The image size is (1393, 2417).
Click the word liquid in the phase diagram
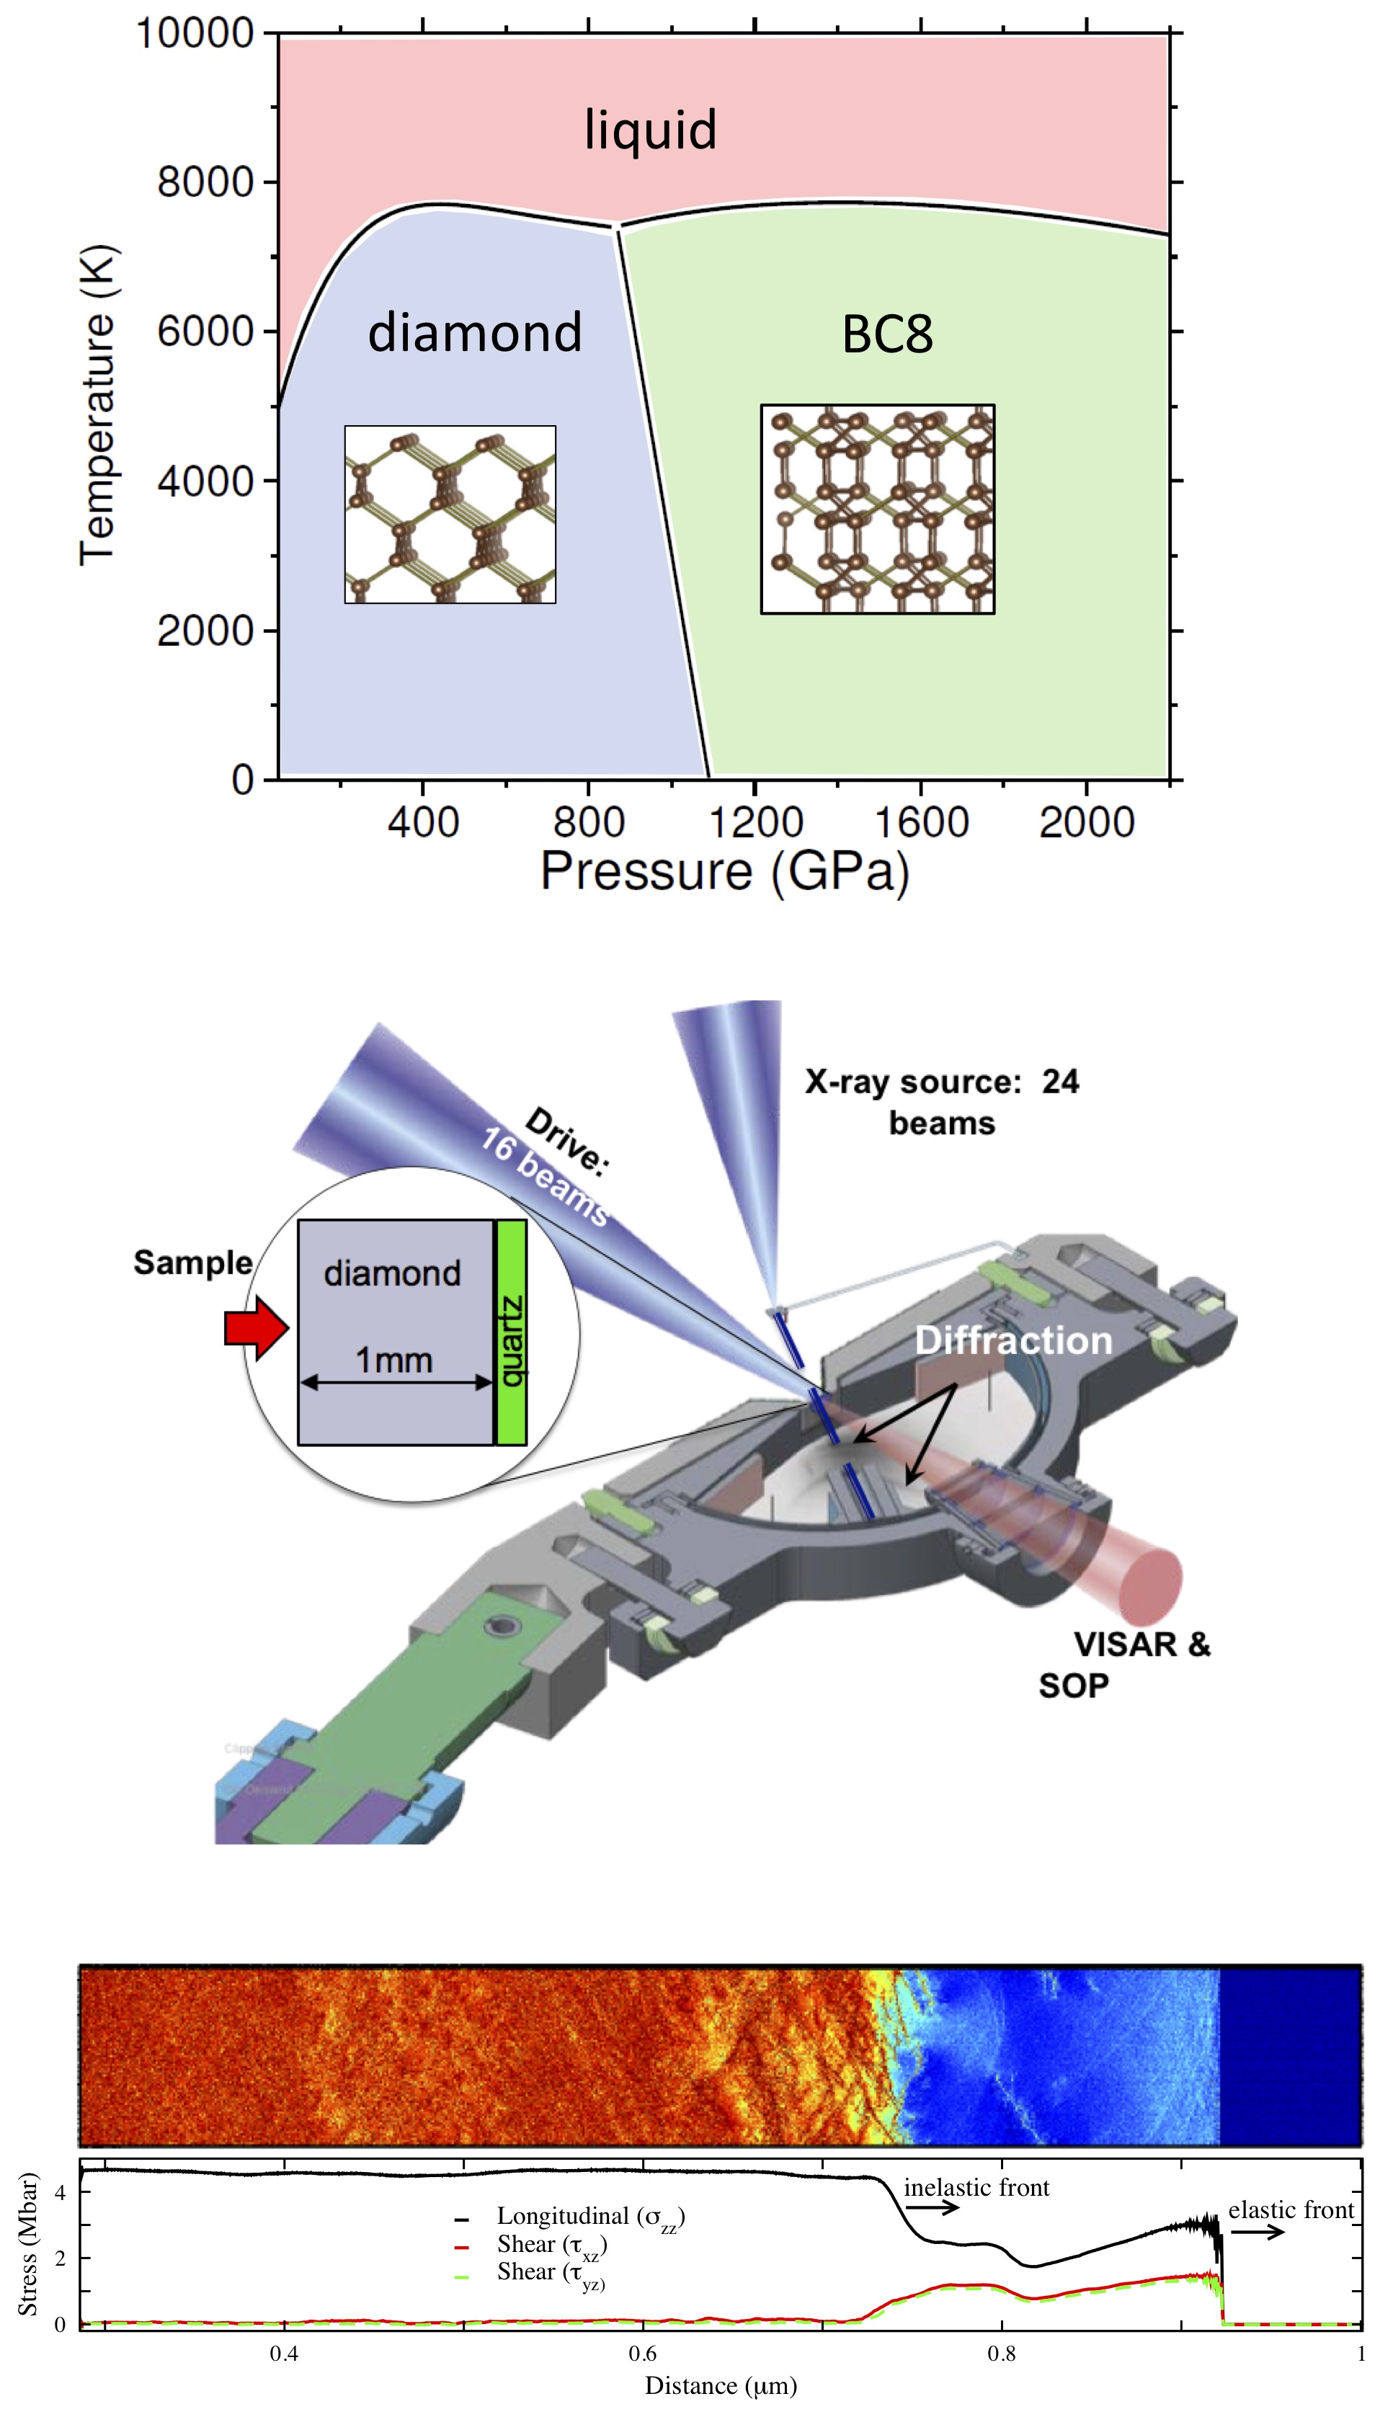651,130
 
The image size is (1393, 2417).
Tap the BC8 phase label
887,335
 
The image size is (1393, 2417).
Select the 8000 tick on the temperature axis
205,182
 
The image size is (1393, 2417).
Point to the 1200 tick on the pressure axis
755,822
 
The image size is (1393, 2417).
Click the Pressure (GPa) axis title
724,871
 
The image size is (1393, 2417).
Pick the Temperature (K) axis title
97,406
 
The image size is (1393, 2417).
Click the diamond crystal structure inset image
450,514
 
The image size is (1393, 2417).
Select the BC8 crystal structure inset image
877,509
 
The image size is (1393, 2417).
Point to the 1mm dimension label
394,1359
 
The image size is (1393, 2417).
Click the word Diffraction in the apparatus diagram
1013,1340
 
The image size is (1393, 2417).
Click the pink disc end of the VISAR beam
1151,1586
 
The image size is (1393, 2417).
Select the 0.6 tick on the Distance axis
643,2353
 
